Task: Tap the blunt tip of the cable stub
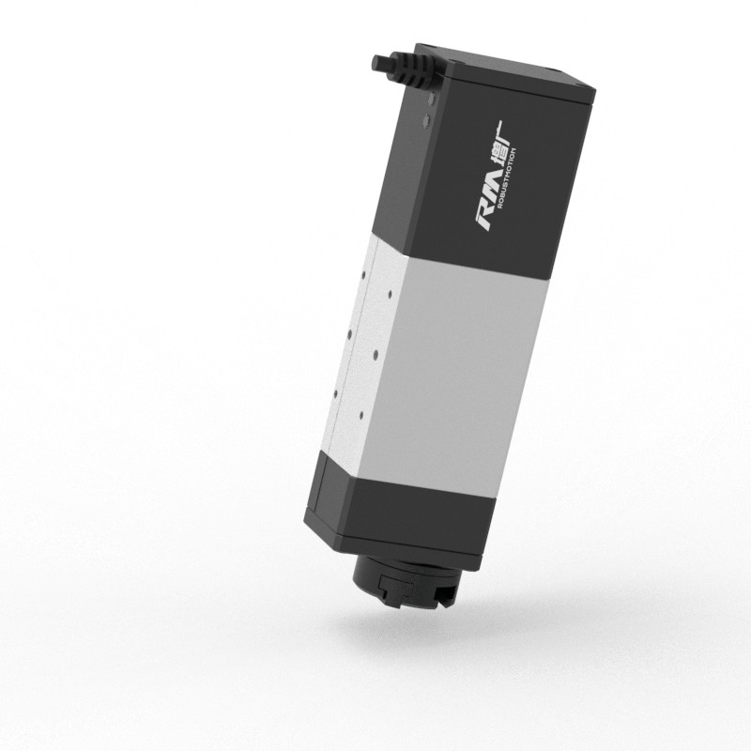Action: click(375, 63)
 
